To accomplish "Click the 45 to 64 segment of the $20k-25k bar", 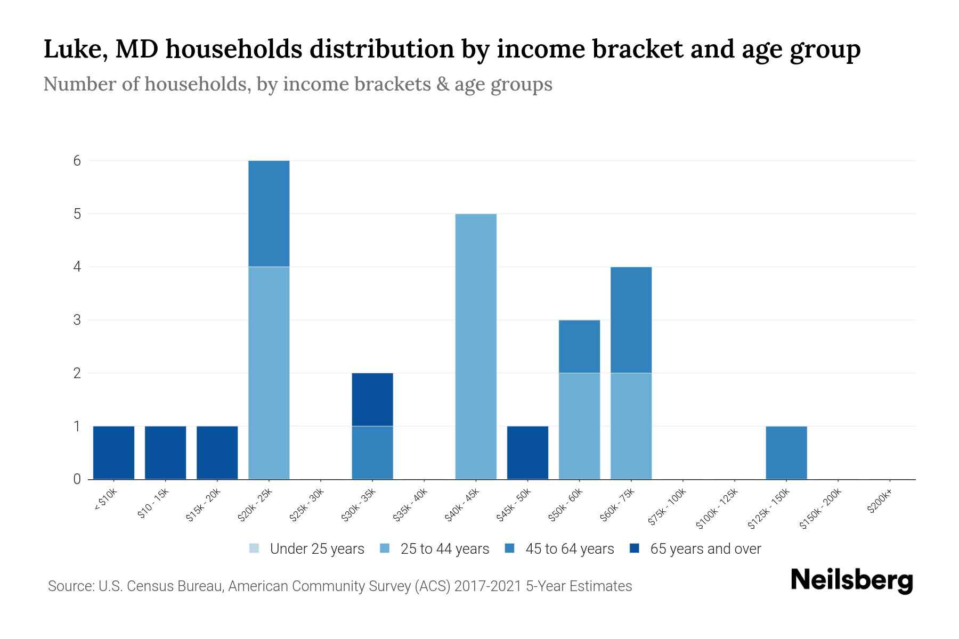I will (x=269, y=214).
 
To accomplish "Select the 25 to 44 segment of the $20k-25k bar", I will (x=269, y=373).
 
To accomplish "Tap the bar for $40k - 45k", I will (x=476, y=346).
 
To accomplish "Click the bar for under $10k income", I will (x=113, y=453).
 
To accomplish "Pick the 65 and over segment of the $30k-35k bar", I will (x=372, y=399).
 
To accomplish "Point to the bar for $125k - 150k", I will (x=786, y=453).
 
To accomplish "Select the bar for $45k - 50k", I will (x=527, y=453).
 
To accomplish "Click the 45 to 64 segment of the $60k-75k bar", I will (x=631, y=319).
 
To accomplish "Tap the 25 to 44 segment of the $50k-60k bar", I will (x=579, y=426).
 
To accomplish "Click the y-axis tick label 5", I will (x=77, y=214).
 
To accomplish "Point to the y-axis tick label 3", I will (x=77, y=320).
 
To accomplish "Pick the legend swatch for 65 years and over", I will (x=634, y=548).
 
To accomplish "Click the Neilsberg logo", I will (x=851, y=580).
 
